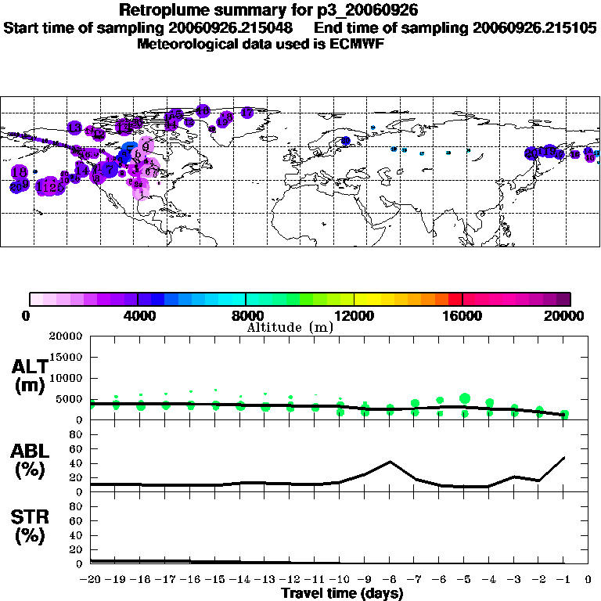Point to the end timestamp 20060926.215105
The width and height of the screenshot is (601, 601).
(535, 27)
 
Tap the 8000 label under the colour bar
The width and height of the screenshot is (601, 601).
(247, 316)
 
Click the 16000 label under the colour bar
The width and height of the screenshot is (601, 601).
(462, 316)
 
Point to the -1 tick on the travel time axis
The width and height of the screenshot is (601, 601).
(563, 580)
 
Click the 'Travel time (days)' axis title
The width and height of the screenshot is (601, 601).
(342, 594)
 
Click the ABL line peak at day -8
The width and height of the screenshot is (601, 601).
(390, 461)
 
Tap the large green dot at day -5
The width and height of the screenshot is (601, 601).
(465, 398)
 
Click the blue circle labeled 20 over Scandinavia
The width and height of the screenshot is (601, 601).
(345, 140)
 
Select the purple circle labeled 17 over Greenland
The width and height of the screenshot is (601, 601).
(247, 113)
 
